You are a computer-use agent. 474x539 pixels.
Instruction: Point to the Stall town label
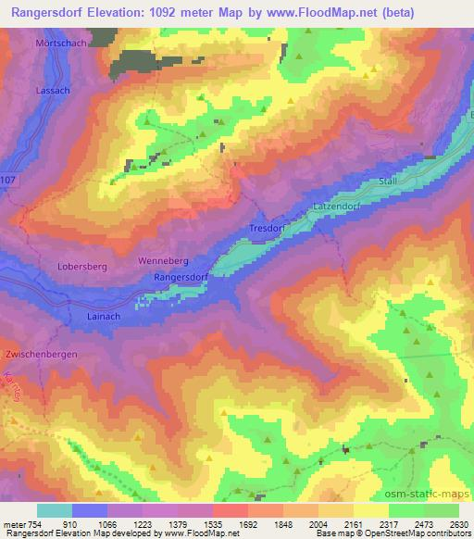(x=388, y=182)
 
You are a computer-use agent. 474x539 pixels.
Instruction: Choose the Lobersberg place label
(x=82, y=266)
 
